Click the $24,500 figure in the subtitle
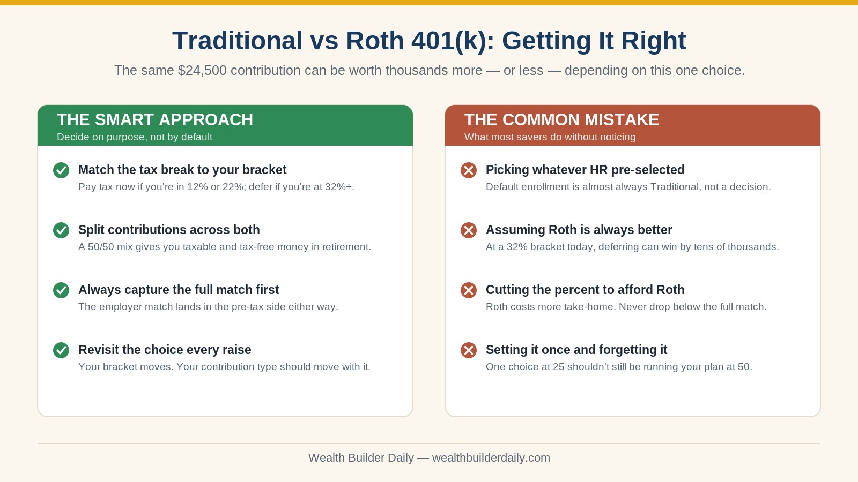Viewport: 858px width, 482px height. point(202,70)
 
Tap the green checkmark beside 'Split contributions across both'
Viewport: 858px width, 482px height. point(61,230)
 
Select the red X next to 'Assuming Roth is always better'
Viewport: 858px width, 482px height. point(469,230)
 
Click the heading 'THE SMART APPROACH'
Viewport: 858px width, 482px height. point(155,120)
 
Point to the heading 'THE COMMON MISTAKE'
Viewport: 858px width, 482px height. point(561,120)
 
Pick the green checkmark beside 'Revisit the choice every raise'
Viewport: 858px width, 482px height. point(61,350)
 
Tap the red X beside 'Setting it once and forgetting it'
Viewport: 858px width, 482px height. point(469,350)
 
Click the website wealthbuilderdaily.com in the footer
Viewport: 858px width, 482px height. point(491,458)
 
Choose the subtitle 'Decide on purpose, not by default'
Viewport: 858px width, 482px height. point(135,137)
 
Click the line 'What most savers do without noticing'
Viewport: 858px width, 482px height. point(550,137)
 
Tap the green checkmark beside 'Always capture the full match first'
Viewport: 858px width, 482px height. point(61,290)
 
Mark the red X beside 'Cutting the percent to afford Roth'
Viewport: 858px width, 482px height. point(469,290)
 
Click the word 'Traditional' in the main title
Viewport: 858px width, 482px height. point(238,41)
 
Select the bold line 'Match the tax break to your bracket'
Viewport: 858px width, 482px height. point(182,170)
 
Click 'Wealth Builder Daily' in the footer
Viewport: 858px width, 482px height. point(361,458)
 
